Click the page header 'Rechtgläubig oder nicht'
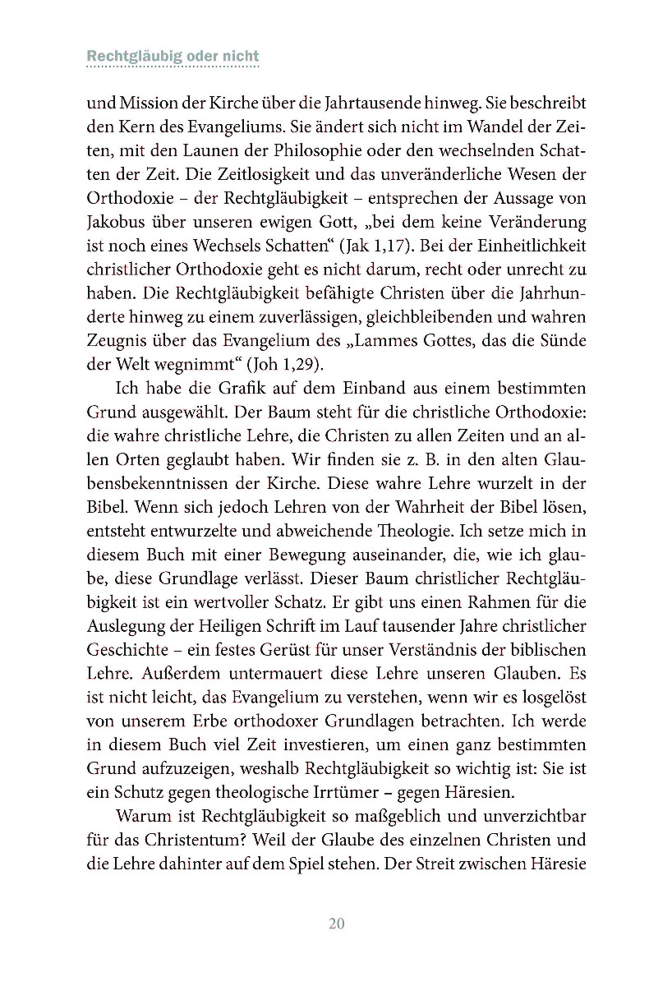click(173, 57)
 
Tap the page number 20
click(336, 923)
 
